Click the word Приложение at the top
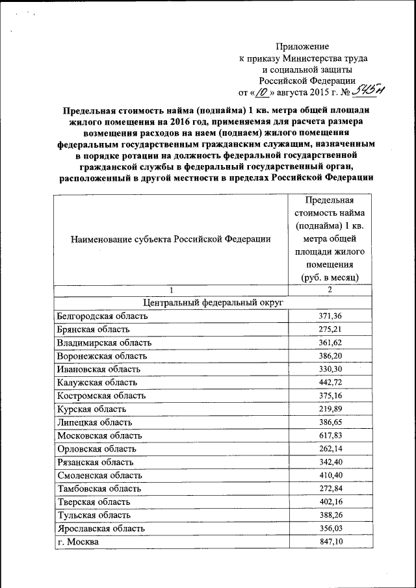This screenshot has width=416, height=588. pyautogui.click(x=302, y=46)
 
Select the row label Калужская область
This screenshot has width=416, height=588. pyautogui.click(x=97, y=382)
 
